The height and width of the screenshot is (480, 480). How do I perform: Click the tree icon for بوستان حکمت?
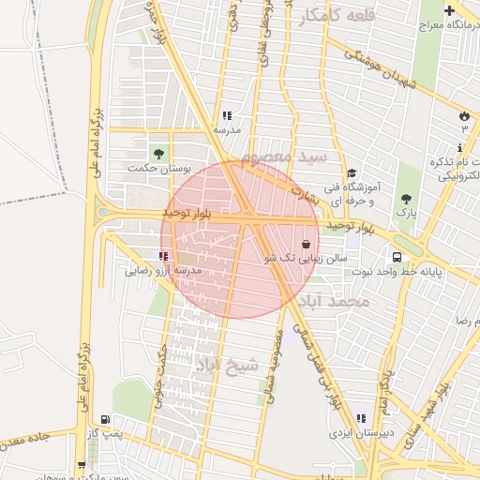coord(157,152)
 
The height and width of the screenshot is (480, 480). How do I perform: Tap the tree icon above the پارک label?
coord(406,199)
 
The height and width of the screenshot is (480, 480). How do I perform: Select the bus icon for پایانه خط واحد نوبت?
coord(397,257)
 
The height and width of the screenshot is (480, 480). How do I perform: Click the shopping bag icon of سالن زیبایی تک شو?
coord(307,243)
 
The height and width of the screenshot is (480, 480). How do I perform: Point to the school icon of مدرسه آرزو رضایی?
coord(164,255)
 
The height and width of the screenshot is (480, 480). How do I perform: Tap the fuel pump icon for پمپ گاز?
coord(105,419)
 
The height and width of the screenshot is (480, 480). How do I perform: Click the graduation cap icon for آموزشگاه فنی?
coord(352,173)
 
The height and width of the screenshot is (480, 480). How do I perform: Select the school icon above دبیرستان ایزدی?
coord(361,418)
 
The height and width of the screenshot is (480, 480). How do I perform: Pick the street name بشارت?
coord(306,193)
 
